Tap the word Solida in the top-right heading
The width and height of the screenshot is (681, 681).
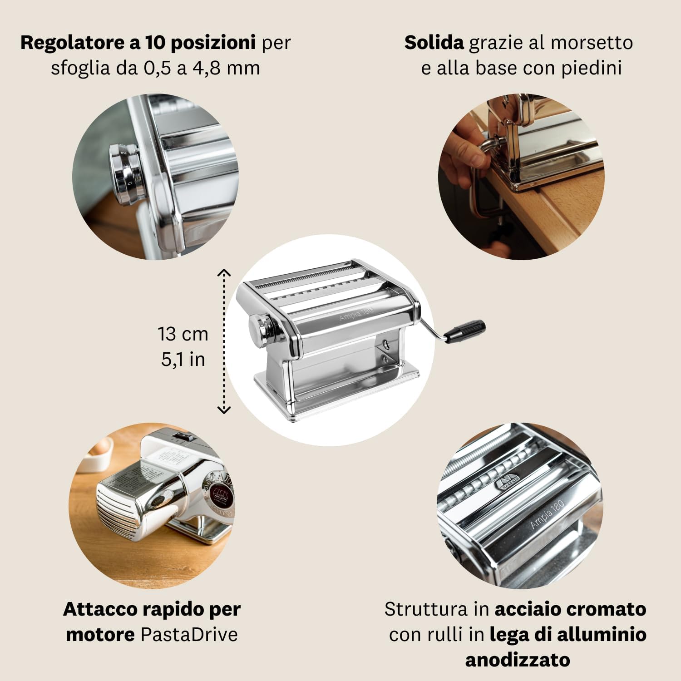pyautogui.click(x=434, y=43)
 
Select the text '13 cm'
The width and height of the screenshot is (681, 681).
pyautogui.click(x=183, y=334)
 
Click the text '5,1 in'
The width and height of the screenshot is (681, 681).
pyautogui.click(x=183, y=360)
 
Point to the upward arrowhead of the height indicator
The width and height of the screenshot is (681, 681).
pyautogui.click(x=224, y=272)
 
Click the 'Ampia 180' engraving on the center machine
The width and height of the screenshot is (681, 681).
pyautogui.click(x=356, y=313)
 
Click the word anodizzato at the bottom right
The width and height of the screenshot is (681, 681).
pyautogui.click(x=518, y=660)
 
